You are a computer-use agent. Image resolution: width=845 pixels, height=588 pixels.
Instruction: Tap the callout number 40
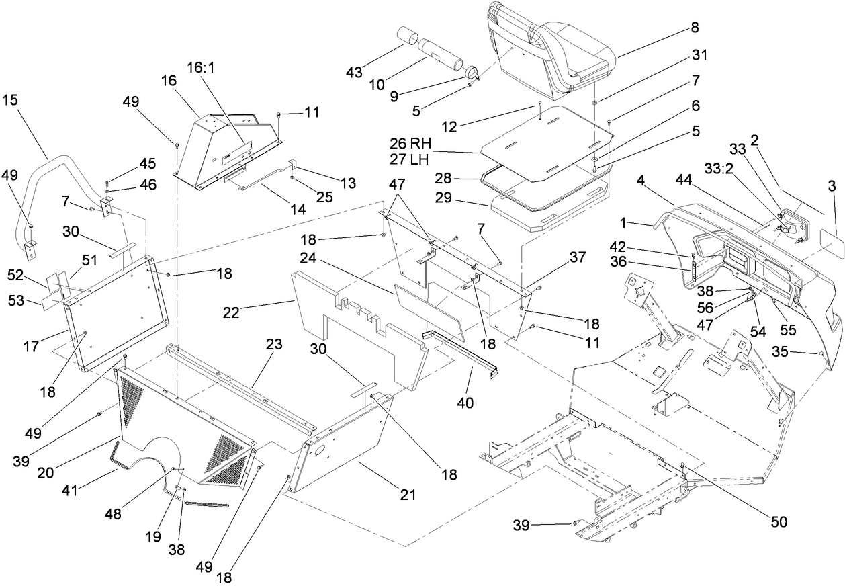coord(465,403)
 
